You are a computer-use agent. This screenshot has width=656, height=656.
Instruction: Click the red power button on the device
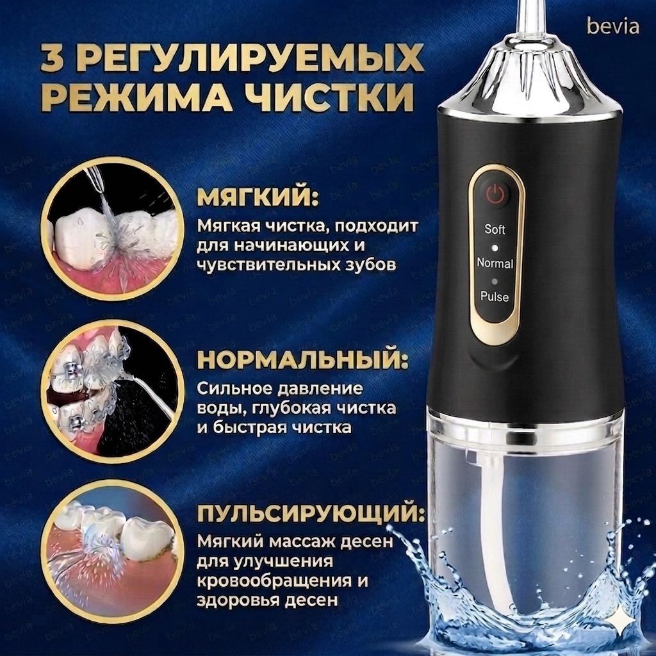[495, 193]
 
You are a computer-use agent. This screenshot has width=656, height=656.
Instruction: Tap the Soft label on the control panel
[495, 229]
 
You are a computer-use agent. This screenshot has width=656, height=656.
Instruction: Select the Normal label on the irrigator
[495, 263]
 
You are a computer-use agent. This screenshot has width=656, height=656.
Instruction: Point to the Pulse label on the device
[495, 297]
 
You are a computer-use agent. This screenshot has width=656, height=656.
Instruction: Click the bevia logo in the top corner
[613, 26]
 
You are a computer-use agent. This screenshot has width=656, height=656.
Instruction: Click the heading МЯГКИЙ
[258, 197]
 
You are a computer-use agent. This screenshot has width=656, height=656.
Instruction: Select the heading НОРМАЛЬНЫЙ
[302, 361]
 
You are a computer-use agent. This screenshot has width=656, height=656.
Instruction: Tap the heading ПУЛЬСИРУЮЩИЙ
[310, 514]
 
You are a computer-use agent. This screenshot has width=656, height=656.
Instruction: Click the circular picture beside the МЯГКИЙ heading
[113, 230]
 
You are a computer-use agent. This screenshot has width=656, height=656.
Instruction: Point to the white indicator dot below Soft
[495, 248]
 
